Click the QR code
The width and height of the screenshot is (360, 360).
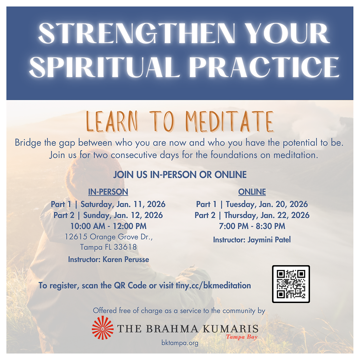pos(291,284)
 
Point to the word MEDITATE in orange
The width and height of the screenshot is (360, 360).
pos(230,122)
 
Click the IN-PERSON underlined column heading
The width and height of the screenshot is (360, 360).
pos(108,192)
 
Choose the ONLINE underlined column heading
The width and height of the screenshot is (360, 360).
pos(252,192)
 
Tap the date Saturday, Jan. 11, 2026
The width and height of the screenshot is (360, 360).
pos(123,204)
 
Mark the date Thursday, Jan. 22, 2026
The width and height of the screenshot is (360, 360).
pos(267,215)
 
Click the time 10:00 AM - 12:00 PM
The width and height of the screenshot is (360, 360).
pos(108,226)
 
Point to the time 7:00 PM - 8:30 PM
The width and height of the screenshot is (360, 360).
pos(252,226)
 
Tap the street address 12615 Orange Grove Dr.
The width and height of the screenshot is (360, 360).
pos(108,237)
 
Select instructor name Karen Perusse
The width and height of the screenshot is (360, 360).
pos(126,259)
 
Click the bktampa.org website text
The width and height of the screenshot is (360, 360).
pos(180,343)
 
